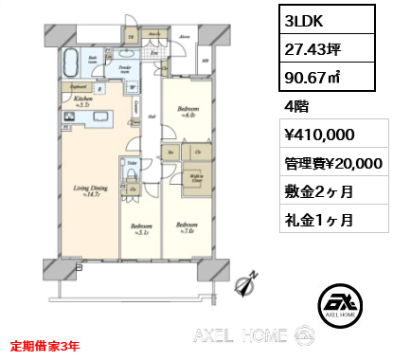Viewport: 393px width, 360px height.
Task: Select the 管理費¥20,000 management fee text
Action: click(x=332, y=164)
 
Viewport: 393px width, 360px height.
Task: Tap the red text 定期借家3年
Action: click(x=45, y=346)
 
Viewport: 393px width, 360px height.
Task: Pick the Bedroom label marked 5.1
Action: click(x=139, y=228)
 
